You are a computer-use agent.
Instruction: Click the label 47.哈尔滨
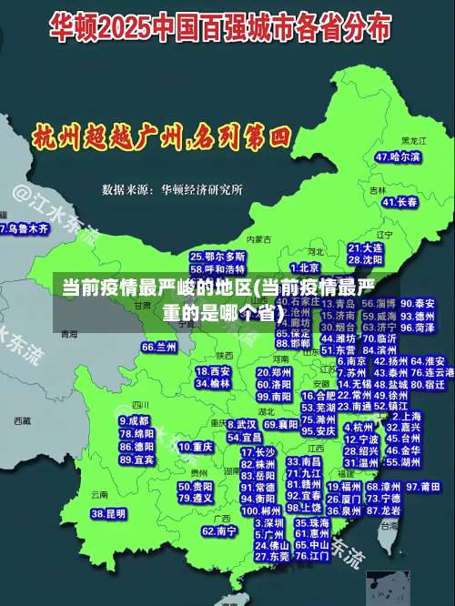tap(399, 157)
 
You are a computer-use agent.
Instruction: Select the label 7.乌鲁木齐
tap(24, 229)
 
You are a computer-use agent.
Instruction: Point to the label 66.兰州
tap(159, 348)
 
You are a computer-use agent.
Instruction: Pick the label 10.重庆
tap(196, 448)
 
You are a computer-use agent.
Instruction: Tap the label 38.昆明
tap(108, 514)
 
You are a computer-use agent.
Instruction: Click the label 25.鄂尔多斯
tap(218, 258)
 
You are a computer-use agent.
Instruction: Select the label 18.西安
tap(213, 371)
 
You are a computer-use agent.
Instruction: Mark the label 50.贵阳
tap(196, 486)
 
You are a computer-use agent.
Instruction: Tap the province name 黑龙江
tap(414, 140)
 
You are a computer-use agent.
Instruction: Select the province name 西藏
tap(23, 420)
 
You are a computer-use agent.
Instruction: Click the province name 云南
tap(99, 495)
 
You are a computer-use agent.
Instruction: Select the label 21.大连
tap(366, 247)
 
